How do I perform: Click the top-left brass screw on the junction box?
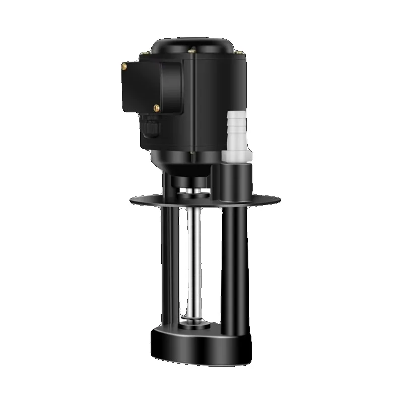pos(124,65)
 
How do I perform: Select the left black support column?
pos(169,267)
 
